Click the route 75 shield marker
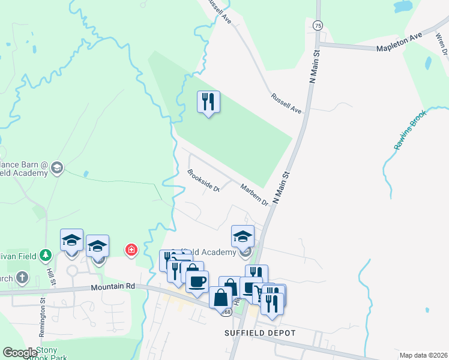coord(318,25)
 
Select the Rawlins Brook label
coord(410,129)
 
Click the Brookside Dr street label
coord(203,181)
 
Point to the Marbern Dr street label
coord(254,194)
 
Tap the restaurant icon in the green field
coord(208,101)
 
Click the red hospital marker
coord(130,250)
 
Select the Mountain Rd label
coord(112,287)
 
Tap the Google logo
coord(20,353)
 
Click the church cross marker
coord(22,277)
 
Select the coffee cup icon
coord(197,280)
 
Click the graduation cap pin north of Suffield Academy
coord(243,236)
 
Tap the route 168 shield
coord(226,312)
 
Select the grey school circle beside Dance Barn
coord(57,166)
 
